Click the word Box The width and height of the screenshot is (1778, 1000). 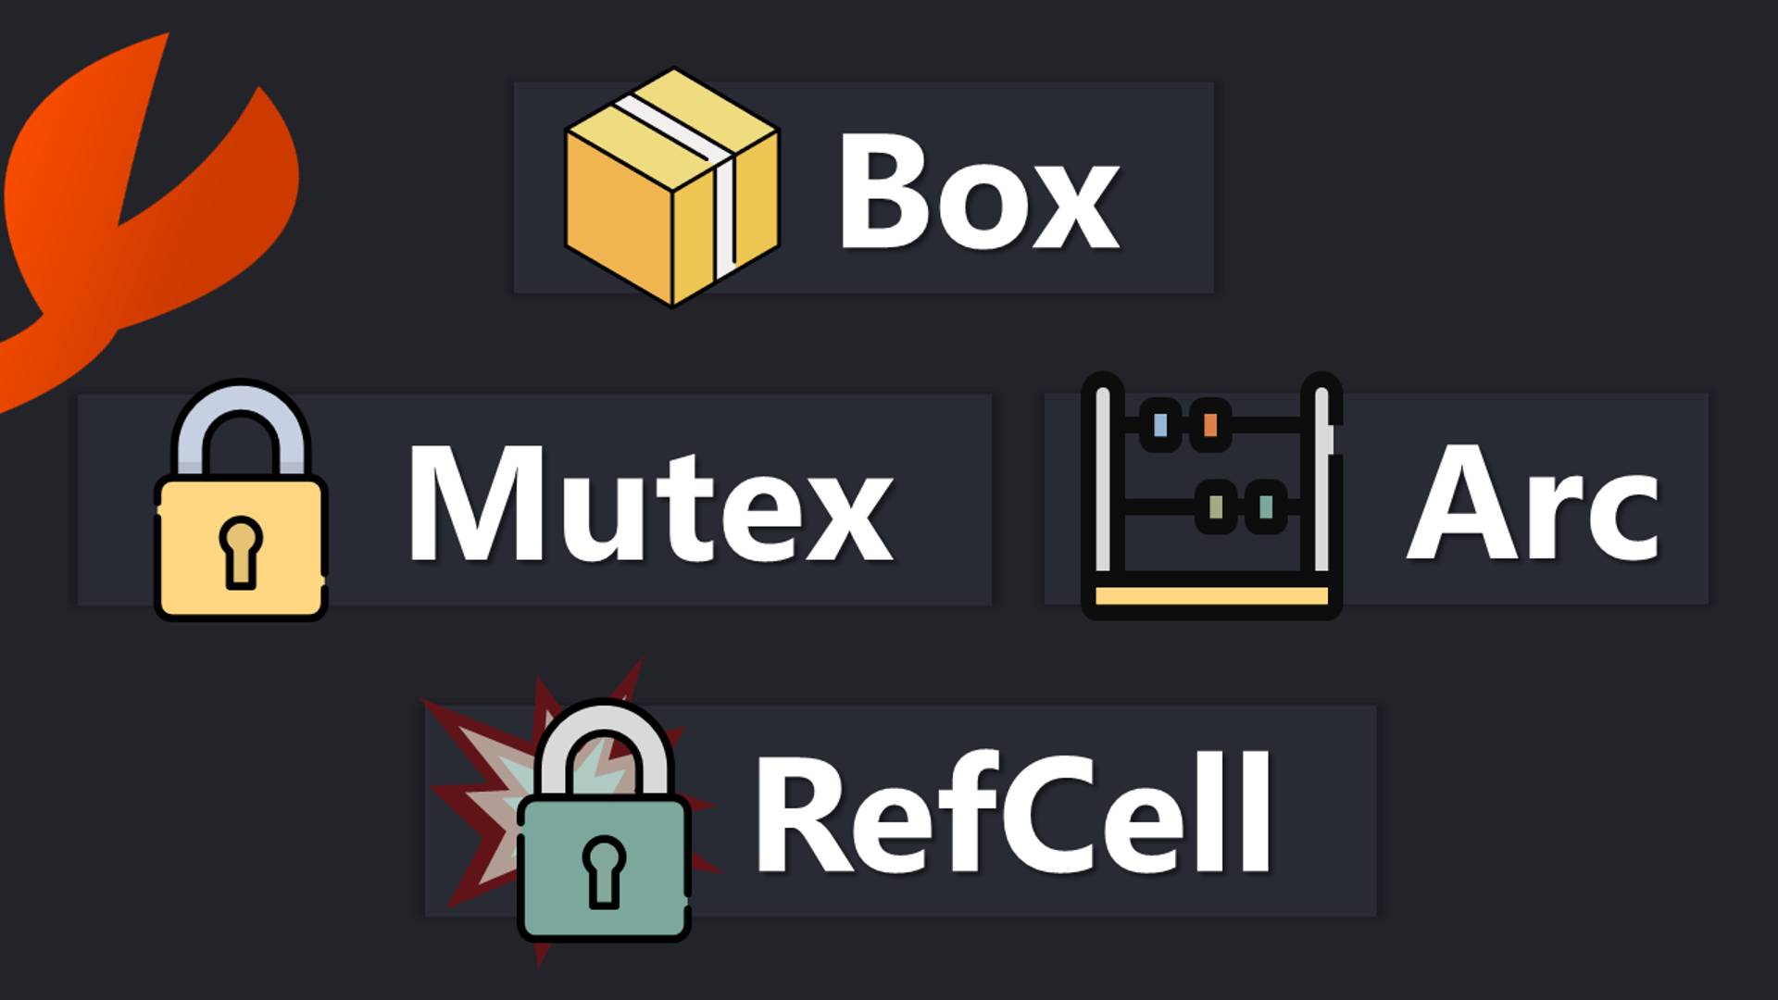979,192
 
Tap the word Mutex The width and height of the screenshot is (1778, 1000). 650,505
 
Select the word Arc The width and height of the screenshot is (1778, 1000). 1533,505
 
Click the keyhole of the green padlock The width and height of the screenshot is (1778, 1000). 604,870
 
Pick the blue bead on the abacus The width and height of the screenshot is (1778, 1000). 1159,425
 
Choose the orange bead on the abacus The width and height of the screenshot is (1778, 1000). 1209,425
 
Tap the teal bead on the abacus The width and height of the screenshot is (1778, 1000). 1265,506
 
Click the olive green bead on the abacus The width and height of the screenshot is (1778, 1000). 1216,506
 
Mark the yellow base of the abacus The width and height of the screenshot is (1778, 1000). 1211,595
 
